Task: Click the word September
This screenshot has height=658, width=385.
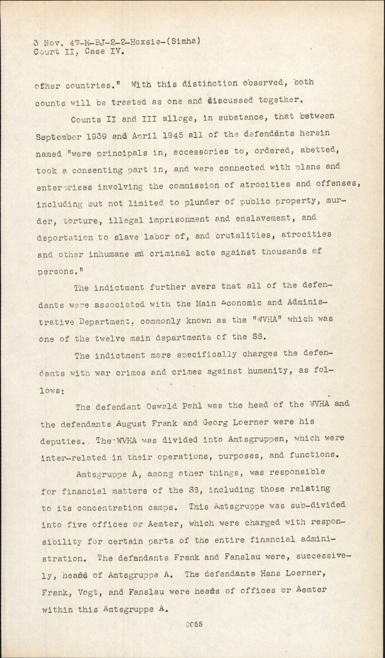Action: (51, 136)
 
